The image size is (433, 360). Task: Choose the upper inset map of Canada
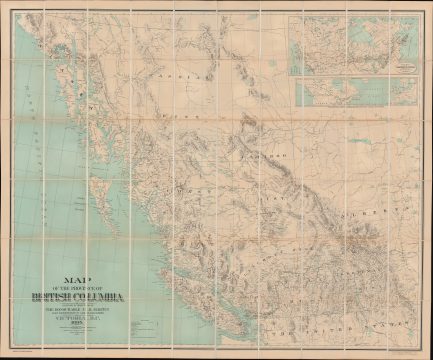pos(353,45)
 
